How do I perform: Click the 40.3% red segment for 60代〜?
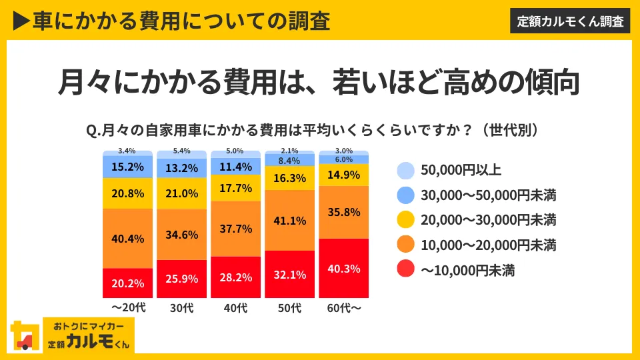click(345, 269)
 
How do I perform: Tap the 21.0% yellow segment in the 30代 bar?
click(181, 193)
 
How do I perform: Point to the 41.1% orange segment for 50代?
click(290, 220)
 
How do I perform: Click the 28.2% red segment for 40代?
click(235, 277)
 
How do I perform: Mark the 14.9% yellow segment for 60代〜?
click(345, 175)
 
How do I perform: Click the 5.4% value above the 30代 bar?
click(181, 151)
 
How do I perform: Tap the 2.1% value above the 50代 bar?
click(290, 151)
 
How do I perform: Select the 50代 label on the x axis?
click(290, 309)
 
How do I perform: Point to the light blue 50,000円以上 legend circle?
click(405, 171)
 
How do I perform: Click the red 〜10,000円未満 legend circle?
click(405, 270)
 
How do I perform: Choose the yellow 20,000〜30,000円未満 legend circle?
click(405, 220)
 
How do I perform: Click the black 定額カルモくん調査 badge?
click(571, 21)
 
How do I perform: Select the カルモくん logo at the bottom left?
click(73, 335)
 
